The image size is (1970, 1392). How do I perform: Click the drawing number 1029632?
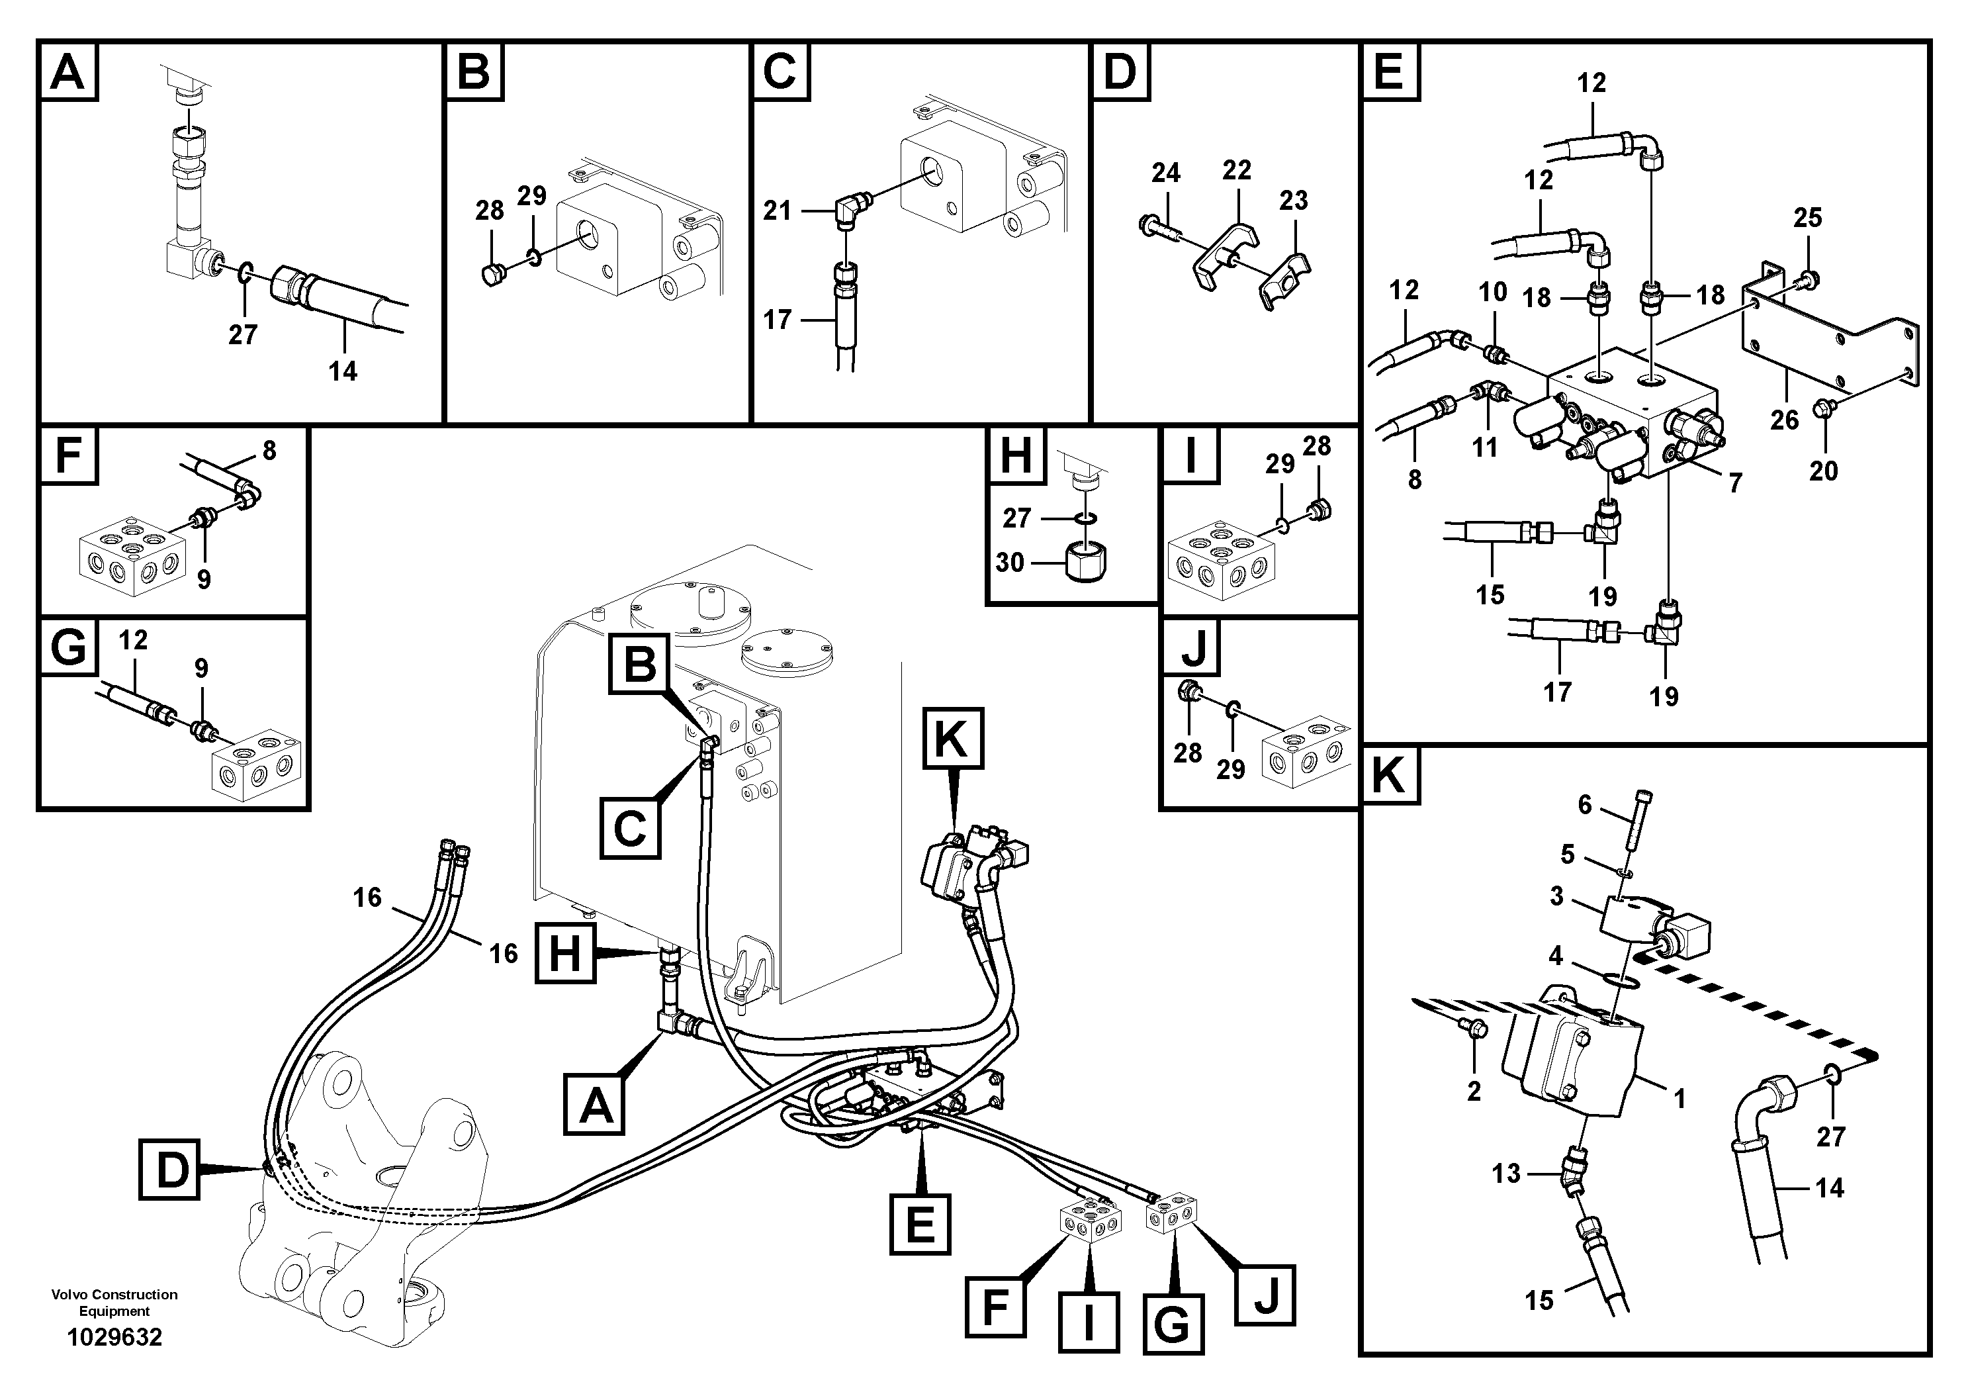(x=115, y=1337)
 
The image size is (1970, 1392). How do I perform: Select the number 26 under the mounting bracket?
(x=1784, y=420)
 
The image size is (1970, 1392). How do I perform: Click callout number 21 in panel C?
(x=778, y=210)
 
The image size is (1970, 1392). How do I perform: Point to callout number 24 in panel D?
(x=1165, y=173)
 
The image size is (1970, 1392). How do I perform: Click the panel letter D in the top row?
(x=1120, y=71)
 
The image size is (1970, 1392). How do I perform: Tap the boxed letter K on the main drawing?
(x=952, y=738)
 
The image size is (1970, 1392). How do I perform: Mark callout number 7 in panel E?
(x=1735, y=484)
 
